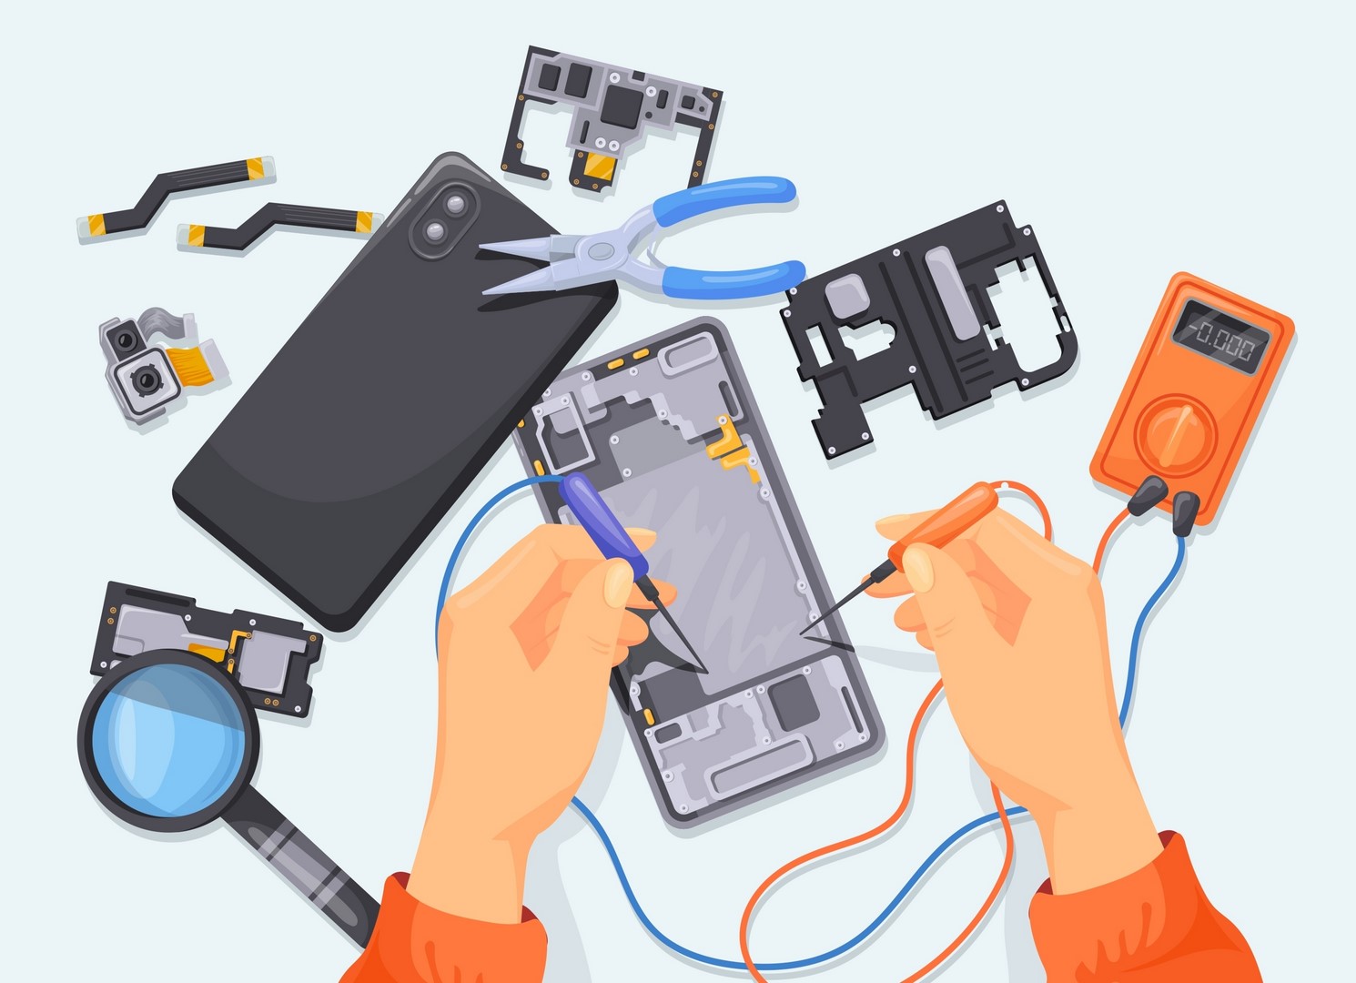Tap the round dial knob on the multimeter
(1176, 435)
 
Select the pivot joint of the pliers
(600, 250)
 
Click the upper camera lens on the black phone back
(455, 204)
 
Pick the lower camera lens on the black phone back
(435, 230)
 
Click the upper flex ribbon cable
(177, 194)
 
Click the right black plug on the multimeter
(1185, 512)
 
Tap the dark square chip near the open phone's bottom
(794, 702)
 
